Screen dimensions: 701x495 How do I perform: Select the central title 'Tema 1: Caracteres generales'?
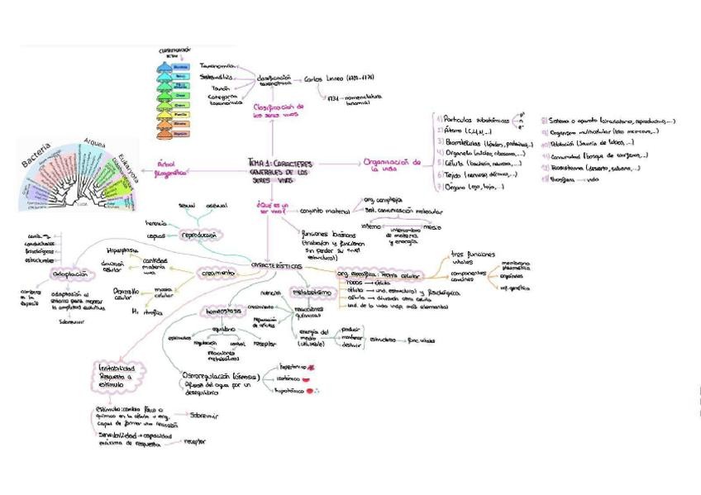[x=282, y=169]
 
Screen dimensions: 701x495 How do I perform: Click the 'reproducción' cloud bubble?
[x=203, y=235]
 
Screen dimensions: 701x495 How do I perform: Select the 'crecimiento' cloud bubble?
[x=217, y=273]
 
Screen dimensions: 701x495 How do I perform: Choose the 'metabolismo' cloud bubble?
[x=312, y=293]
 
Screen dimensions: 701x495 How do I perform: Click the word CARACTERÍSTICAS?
[x=277, y=265]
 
